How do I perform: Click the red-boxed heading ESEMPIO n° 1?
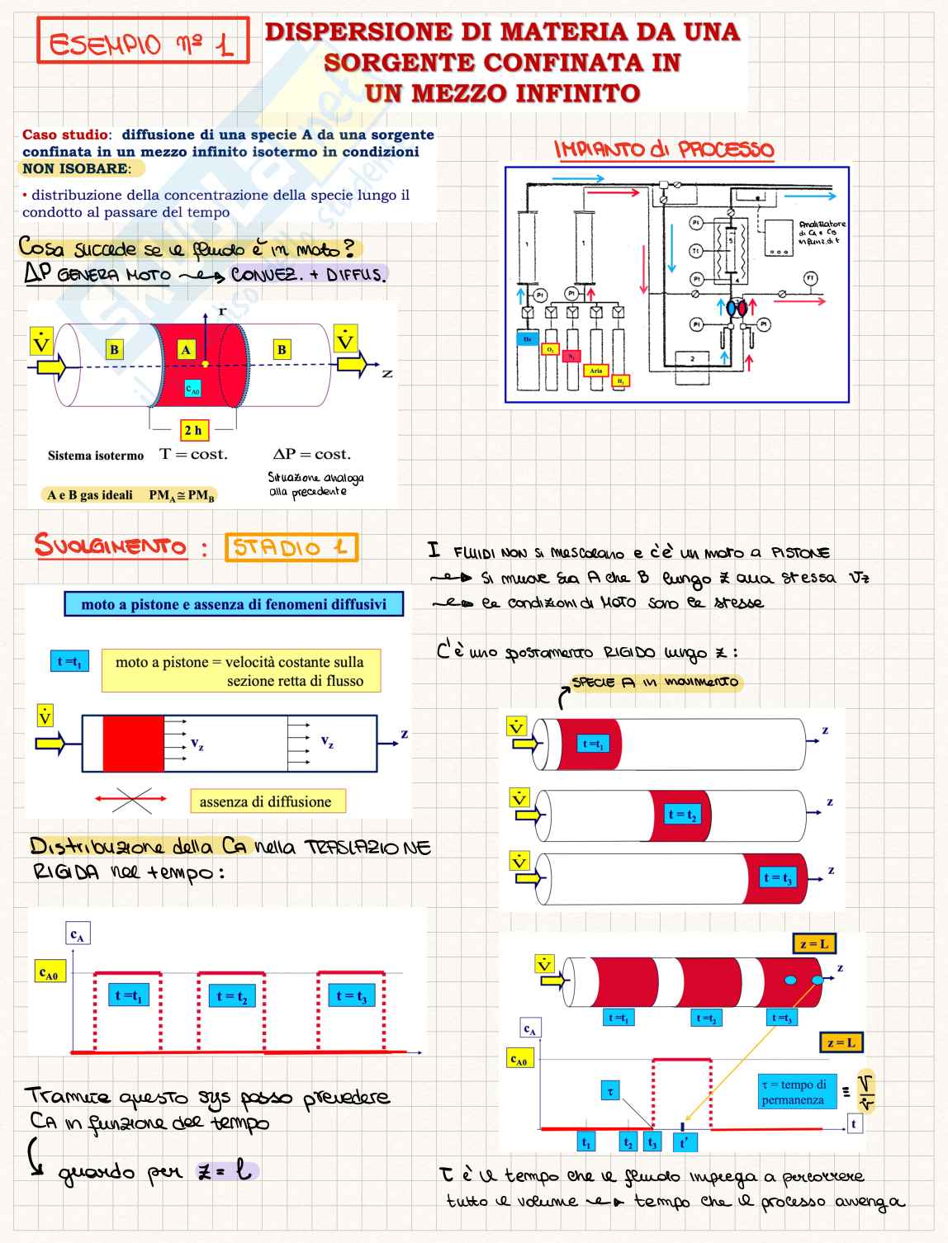[x=142, y=40]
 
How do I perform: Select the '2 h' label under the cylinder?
[x=192, y=430]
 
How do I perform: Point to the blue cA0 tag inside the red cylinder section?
[x=192, y=389]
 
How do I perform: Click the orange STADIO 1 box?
[x=291, y=547]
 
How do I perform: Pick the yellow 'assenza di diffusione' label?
[x=265, y=801]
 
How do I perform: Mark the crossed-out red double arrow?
[x=131, y=799]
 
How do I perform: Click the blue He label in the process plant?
[x=527, y=339]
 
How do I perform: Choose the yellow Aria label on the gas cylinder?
[x=596, y=371]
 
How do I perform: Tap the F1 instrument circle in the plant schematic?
[x=810, y=279]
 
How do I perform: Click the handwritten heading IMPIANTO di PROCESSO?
[x=665, y=149]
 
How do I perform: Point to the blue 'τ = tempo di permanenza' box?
[x=793, y=1092]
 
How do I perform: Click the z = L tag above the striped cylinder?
[x=813, y=943]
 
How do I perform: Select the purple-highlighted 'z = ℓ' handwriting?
[x=227, y=1170]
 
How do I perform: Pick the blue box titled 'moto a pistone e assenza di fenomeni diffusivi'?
[x=234, y=604]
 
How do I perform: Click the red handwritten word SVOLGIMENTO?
[x=110, y=546]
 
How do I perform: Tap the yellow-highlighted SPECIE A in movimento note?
[x=656, y=683]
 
